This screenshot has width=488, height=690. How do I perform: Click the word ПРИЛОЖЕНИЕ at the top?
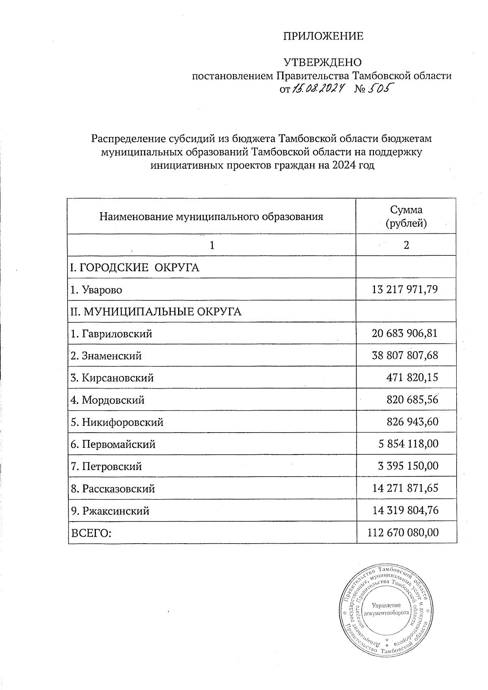point(323,37)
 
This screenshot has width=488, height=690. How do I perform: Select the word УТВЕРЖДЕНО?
point(322,63)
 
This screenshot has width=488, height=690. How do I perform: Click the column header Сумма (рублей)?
point(406,216)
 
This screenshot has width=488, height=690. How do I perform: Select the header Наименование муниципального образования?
point(211,216)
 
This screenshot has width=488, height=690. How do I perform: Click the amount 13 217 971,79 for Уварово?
point(405,290)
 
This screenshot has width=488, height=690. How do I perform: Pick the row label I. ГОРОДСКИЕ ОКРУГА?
point(135,268)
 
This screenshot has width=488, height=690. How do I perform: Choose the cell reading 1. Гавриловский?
point(111,334)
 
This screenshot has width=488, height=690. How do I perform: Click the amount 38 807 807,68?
point(405,356)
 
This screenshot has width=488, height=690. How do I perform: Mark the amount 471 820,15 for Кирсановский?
point(412,378)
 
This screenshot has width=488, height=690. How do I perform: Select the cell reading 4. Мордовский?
point(108,400)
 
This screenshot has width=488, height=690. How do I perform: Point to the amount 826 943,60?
point(412,422)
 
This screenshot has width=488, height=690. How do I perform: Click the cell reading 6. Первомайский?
point(113,444)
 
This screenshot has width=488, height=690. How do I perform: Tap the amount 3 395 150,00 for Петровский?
point(408,466)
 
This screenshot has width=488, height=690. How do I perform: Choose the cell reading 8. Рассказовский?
point(113,488)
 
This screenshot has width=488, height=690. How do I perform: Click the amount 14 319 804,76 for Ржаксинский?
point(405,510)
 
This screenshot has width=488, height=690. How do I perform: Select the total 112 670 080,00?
point(403,532)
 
